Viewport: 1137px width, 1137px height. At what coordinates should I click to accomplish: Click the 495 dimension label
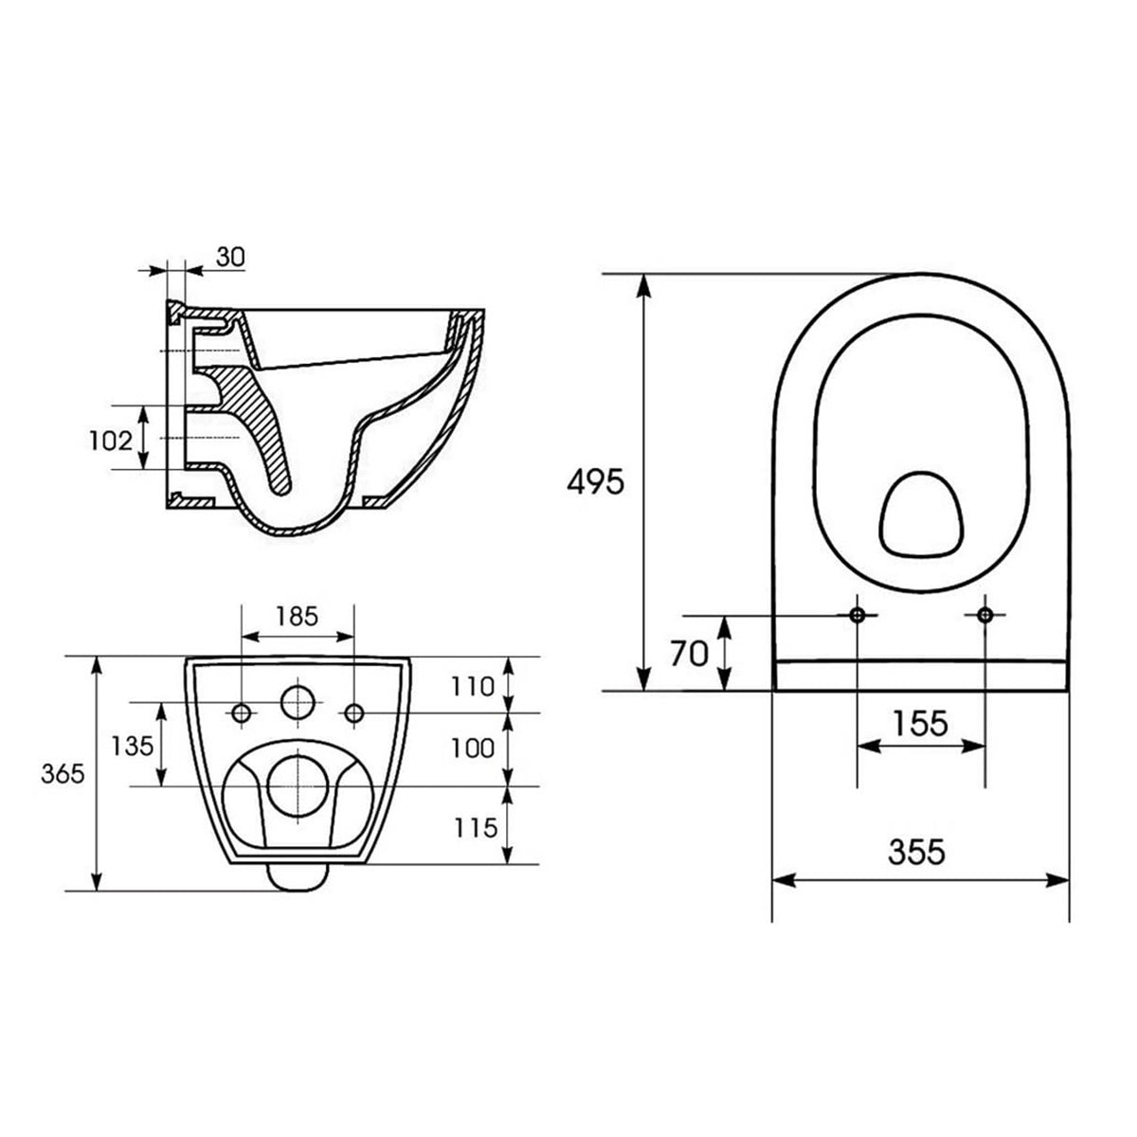(595, 482)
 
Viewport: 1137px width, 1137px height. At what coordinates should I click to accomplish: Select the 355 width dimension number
(916, 852)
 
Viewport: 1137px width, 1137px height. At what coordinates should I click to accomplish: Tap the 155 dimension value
(920, 723)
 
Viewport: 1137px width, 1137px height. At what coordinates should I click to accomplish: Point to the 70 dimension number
(689, 654)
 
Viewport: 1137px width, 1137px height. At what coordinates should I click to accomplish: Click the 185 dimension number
(297, 617)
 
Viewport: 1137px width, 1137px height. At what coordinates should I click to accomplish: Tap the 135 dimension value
(132, 745)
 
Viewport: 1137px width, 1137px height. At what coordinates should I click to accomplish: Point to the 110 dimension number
(473, 685)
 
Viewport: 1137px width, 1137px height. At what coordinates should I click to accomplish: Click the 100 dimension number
(473, 748)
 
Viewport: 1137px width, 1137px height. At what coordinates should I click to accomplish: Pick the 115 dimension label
(473, 827)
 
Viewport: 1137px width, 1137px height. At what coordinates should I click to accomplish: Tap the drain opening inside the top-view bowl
(921, 513)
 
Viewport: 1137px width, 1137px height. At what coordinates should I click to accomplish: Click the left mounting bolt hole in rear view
(243, 713)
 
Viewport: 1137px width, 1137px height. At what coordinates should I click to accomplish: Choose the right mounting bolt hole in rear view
(354, 713)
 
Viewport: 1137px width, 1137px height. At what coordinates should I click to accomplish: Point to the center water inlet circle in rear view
(298, 703)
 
